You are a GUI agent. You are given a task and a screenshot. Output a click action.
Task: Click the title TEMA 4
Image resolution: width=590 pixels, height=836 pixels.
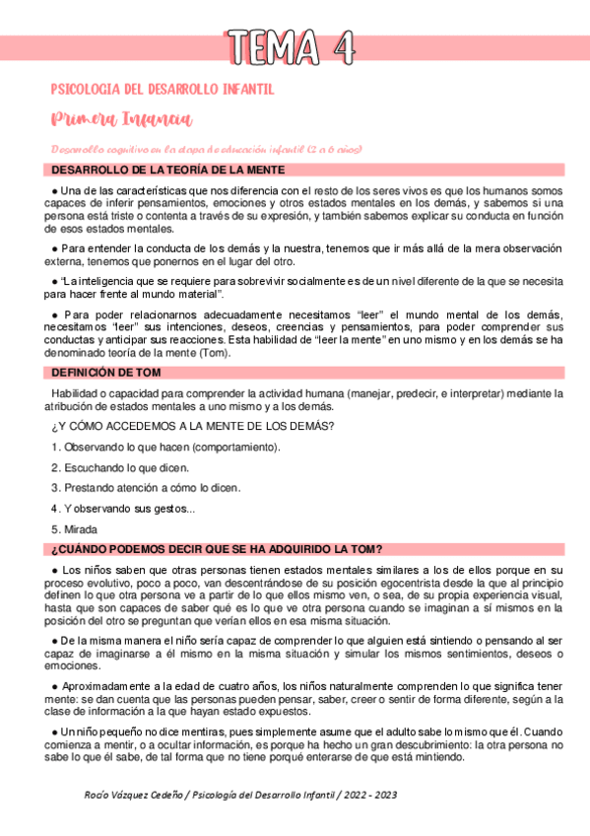pos(293,45)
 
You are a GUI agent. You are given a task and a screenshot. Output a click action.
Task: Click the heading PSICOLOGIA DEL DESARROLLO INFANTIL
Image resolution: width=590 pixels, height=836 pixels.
pos(162,90)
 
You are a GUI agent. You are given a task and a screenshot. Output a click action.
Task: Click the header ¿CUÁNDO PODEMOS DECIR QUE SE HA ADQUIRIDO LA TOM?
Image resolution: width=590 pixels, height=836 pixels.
pos(217,549)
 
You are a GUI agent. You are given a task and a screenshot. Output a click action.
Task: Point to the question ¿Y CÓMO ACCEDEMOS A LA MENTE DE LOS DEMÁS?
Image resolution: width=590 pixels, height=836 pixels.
pos(192,426)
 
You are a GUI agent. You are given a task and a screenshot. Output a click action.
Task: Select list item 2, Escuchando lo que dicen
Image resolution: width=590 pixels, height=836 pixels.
pos(120,467)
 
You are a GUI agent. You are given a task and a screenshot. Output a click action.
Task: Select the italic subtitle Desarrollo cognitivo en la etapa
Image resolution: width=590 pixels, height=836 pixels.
pos(208,149)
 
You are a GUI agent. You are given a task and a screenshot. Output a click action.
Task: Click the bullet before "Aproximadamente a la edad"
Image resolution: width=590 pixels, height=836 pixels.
pos(55,685)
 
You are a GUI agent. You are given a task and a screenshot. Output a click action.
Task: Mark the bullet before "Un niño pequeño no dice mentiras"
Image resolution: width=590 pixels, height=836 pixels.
pos(55,731)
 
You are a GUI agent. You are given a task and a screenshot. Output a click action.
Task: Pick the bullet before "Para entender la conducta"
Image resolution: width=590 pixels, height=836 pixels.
pos(55,247)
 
